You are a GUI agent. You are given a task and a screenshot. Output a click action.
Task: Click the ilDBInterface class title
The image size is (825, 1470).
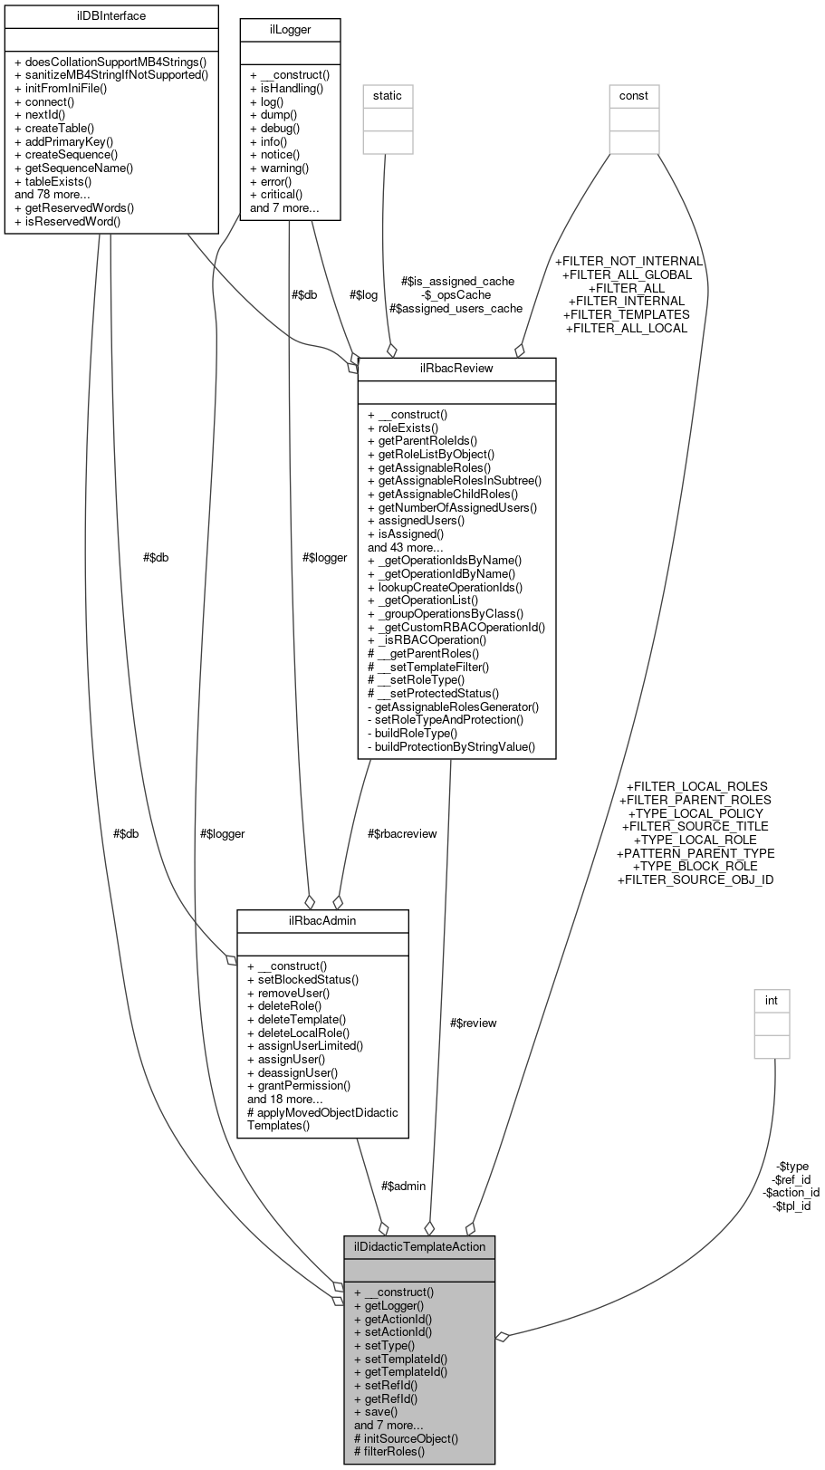coord(111,16)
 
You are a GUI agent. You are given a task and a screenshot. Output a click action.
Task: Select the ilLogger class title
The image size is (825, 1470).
coord(289,30)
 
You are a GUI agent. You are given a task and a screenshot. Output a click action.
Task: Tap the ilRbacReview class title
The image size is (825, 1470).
coord(456,369)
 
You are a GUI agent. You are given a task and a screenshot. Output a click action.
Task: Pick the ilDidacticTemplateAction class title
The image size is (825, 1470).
coord(419,1246)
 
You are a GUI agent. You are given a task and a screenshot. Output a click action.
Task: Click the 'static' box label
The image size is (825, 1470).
coord(387,95)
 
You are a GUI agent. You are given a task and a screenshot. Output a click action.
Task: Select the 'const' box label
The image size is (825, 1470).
coord(633,95)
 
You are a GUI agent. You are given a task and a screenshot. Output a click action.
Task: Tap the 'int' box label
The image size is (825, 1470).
coord(772,1000)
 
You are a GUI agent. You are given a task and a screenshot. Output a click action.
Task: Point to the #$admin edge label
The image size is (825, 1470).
coord(403,1186)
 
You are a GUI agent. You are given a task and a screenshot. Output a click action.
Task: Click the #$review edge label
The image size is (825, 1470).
coord(473,1023)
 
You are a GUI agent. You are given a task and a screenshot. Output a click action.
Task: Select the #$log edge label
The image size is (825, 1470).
coord(363,294)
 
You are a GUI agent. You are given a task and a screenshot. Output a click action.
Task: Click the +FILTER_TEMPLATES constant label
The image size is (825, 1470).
coord(626,314)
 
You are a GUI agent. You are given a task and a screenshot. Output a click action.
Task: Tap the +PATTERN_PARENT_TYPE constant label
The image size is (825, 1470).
coord(695,852)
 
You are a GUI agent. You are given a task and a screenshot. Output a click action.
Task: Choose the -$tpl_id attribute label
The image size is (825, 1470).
coord(791,1206)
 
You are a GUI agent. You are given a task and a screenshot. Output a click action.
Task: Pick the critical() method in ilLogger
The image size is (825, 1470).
coord(276,194)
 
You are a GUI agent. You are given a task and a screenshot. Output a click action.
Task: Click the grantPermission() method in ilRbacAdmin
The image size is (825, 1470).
coord(299,1085)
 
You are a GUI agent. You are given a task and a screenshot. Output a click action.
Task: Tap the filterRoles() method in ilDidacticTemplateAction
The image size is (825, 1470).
coord(389,1451)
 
